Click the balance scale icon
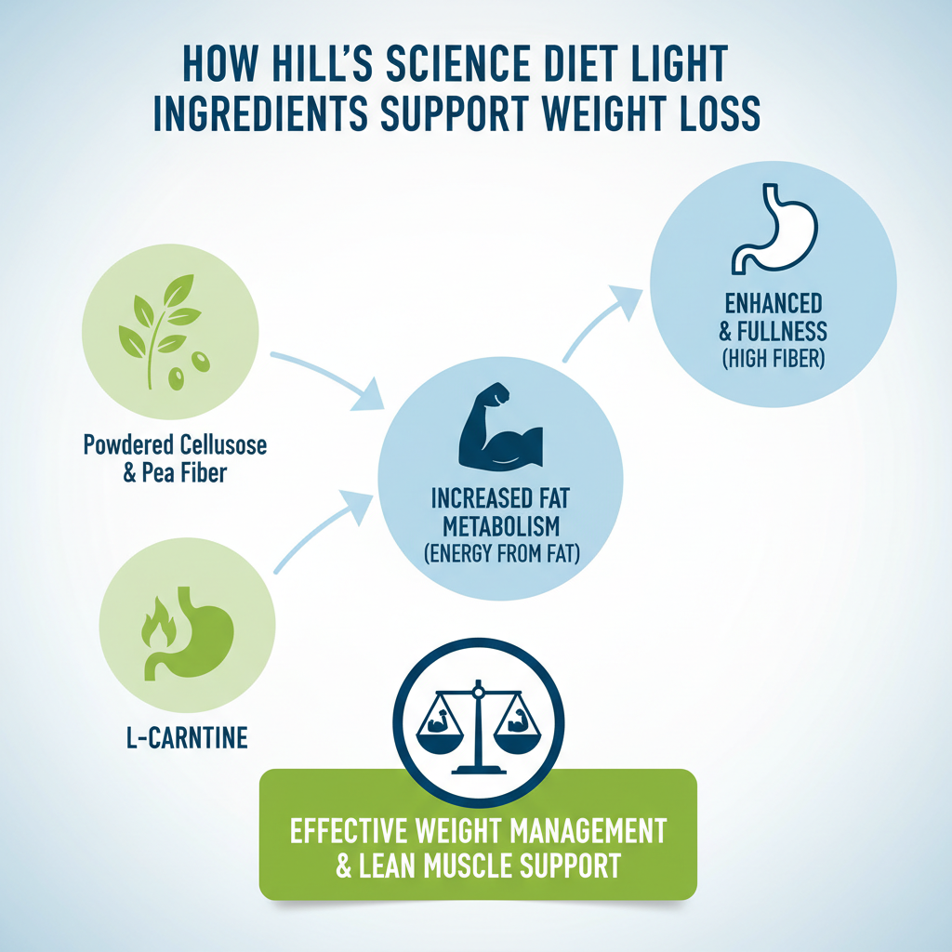coord(479,724)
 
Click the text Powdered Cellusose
coord(175,445)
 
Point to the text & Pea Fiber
coord(175,474)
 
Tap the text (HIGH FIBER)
coord(773,358)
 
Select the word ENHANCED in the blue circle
coord(773,304)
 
